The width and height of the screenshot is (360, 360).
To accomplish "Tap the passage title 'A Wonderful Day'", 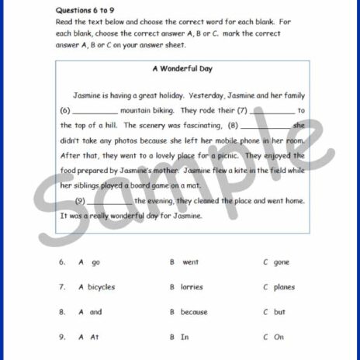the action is coord(182,69).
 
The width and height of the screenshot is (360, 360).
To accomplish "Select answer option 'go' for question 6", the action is coord(95,262).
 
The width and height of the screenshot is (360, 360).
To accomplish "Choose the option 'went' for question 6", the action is coord(190,262).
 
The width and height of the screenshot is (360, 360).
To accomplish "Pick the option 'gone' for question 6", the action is coord(281,262).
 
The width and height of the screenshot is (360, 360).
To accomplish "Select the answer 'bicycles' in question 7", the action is coord(101,287).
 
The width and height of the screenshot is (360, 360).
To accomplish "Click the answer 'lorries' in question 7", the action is coord(192,287).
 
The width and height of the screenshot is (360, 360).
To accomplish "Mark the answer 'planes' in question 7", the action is coord(284,287).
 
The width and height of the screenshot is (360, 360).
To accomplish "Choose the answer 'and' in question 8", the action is coord(95,312).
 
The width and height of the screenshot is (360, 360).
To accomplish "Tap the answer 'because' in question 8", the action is coord(194,312).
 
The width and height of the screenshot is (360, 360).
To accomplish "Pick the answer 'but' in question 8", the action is coord(279,312).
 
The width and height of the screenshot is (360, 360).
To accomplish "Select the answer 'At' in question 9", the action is coord(95,337).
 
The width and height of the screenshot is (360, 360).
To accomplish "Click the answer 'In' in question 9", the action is coord(185,337).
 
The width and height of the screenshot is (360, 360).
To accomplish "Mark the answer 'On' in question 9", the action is coord(279,337).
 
